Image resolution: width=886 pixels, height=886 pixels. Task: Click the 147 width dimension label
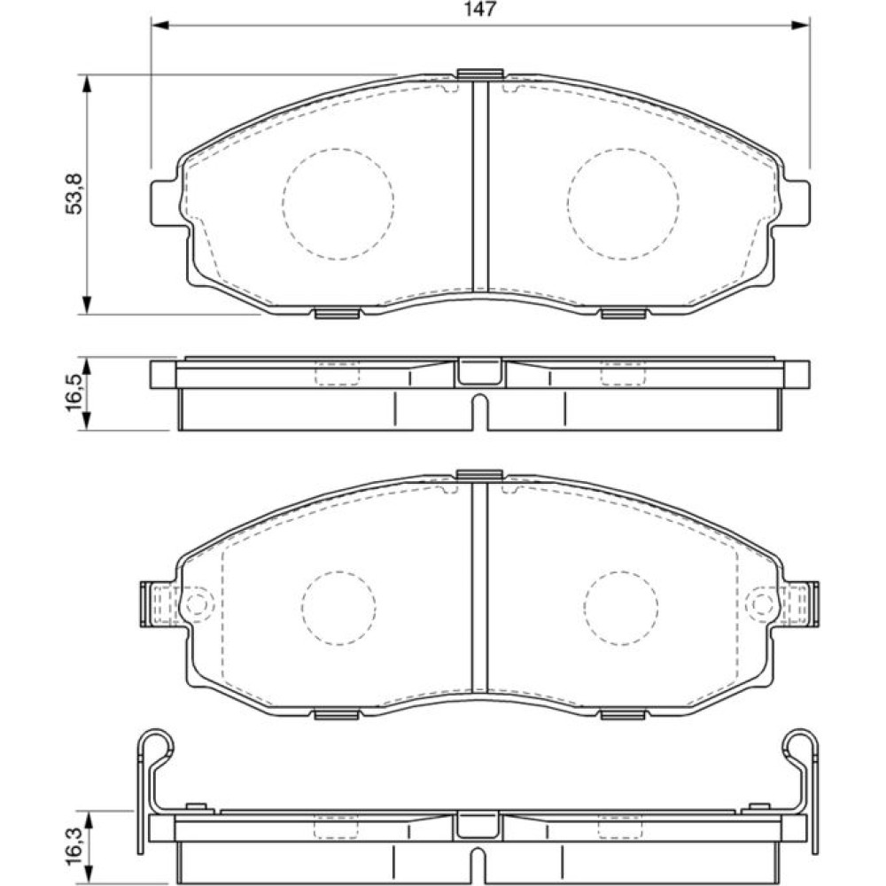[479, 9]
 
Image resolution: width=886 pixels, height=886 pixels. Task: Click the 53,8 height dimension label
[74, 194]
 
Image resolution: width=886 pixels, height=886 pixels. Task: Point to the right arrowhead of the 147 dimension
[800, 25]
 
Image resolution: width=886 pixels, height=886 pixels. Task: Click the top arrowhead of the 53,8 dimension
[87, 83]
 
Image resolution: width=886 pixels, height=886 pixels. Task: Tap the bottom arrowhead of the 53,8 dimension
[87, 306]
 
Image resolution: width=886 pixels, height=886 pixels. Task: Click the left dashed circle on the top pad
[338, 149]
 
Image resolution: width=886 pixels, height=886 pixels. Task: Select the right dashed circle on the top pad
[623, 149]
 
